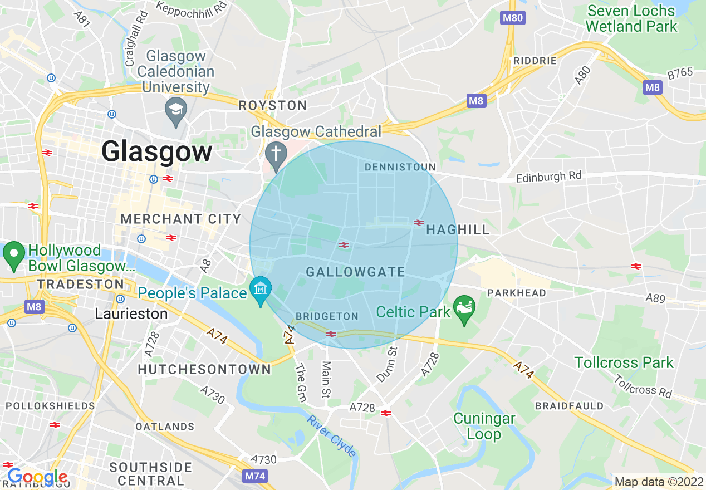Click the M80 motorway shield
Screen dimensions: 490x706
[513, 18]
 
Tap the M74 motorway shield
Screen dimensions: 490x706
[256, 476]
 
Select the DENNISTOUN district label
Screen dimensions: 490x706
[400, 167]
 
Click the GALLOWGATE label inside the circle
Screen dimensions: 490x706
[356, 272]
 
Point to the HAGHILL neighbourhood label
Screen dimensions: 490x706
[458, 229]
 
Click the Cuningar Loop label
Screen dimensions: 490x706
[484, 426]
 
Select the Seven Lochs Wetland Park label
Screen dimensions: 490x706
[631, 18]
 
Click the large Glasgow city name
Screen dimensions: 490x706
[157, 152]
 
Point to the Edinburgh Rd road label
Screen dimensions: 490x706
[548, 177]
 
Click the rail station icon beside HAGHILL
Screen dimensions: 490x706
[419, 223]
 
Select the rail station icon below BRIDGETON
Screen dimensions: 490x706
[331, 334]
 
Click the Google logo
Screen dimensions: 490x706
[37, 477]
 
